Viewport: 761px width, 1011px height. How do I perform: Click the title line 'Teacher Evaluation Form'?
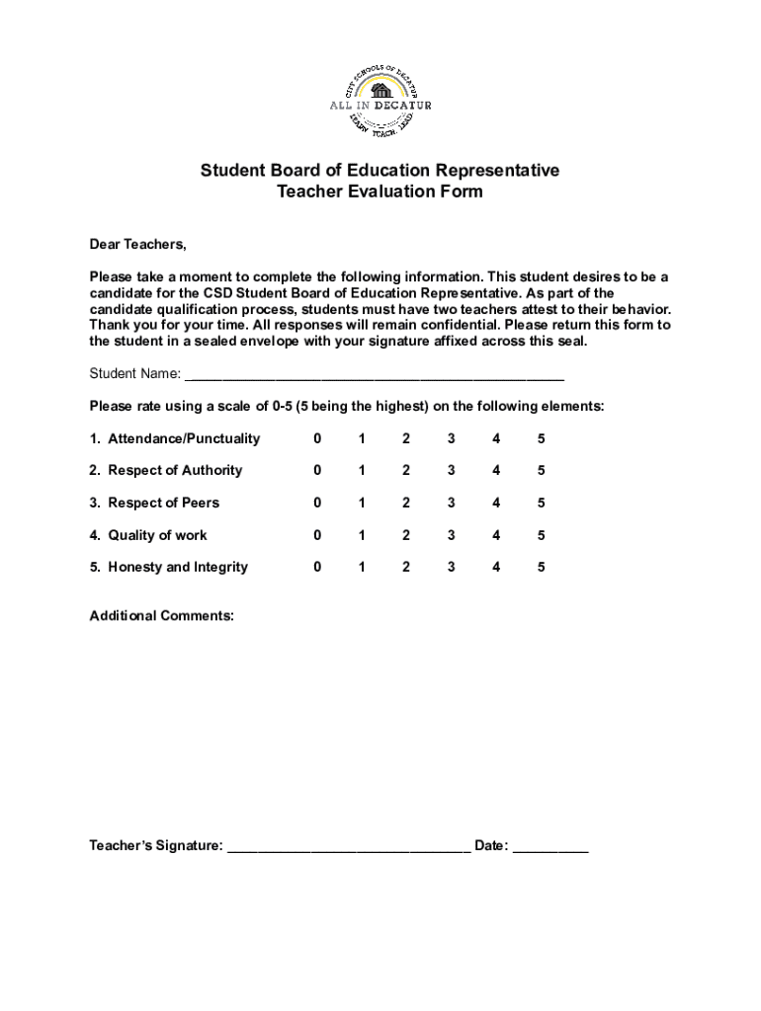pyautogui.click(x=380, y=192)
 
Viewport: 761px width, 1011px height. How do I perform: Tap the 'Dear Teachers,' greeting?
pyautogui.click(x=137, y=245)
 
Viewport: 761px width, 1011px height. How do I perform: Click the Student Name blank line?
pyautogui.click(x=375, y=375)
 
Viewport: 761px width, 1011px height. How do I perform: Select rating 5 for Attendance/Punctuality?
pyautogui.click(x=542, y=438)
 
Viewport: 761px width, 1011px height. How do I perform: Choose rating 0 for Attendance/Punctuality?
pyautogui.click(x=317, y=438)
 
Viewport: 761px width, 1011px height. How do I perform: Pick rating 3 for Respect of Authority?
pyautogui.click(x=451, y=471)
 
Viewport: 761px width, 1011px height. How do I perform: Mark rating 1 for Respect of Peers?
pyautogui.click(x=362, y=503)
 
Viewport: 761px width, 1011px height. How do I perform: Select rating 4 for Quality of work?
pyautogui.click(x=496, y=535)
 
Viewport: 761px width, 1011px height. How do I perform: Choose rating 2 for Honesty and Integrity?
pyautogui.click(x=406, y=567)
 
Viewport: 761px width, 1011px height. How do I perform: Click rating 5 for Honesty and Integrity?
pyautogui.click(x=542, y=567)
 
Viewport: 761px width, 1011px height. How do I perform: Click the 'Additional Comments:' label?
pyautogui.click(x=162, y=616)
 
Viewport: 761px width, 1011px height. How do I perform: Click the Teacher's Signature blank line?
pyautogui.click(x=349, y=847)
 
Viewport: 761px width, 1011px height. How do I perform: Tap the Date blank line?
pyautogui.click(x=550, y=847)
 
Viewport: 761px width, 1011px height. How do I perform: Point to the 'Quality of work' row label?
pyautogui.click(x=157, y=535)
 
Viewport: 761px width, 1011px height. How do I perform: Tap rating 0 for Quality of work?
pyautogui.click(x=317, y=535)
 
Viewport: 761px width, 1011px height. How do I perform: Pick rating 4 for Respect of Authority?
pyautogui.click(x=496, y=471)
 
